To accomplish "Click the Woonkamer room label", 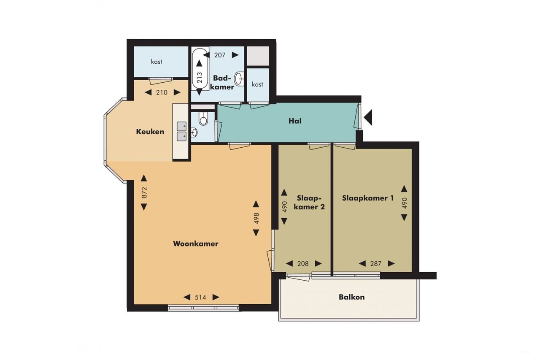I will point(195,244).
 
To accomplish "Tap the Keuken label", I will point(150,132).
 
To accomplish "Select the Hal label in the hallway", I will point(295,121).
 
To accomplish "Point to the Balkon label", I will point(351,297).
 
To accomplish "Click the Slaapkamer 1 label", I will point(368,198).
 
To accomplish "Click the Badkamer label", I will point(223,82).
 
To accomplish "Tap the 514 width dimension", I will point(200,297).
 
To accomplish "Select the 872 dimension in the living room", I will point(144,192).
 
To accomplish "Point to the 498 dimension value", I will point(256,218).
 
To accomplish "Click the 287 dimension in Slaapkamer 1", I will point(376,264).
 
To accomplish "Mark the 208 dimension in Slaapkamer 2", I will point(303,264).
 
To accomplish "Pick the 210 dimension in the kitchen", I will point(162,92).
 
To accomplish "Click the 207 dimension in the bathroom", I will point(220,55).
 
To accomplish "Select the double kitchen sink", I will point(182,131).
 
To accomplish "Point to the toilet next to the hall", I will point(203,119).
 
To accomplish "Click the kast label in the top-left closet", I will point(157,62).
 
